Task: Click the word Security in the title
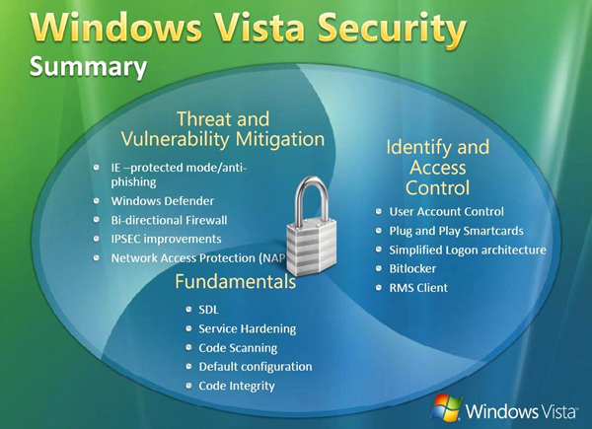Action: pos(392,29)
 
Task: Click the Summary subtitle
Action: pos(89,67)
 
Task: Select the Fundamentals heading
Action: pos(236,281)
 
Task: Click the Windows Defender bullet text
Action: pos(163,201)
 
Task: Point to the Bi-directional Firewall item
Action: pos(169,220)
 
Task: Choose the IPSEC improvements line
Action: pos(166,239)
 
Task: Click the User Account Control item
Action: pos(446,212)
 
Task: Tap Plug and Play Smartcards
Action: pos(456,231)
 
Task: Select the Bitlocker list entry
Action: pos(412,268)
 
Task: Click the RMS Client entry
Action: pos(418,288)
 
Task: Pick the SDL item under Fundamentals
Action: pos(208,310)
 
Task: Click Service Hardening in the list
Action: pos(248,329)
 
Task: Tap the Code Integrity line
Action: pos(237,386)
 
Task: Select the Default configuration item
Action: pos(256,367)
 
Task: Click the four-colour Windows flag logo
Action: pos(447,407)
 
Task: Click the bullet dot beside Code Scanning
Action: pos(188,347)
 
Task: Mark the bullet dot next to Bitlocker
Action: pos(379,268)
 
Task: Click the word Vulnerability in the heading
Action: pos(176,139)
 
